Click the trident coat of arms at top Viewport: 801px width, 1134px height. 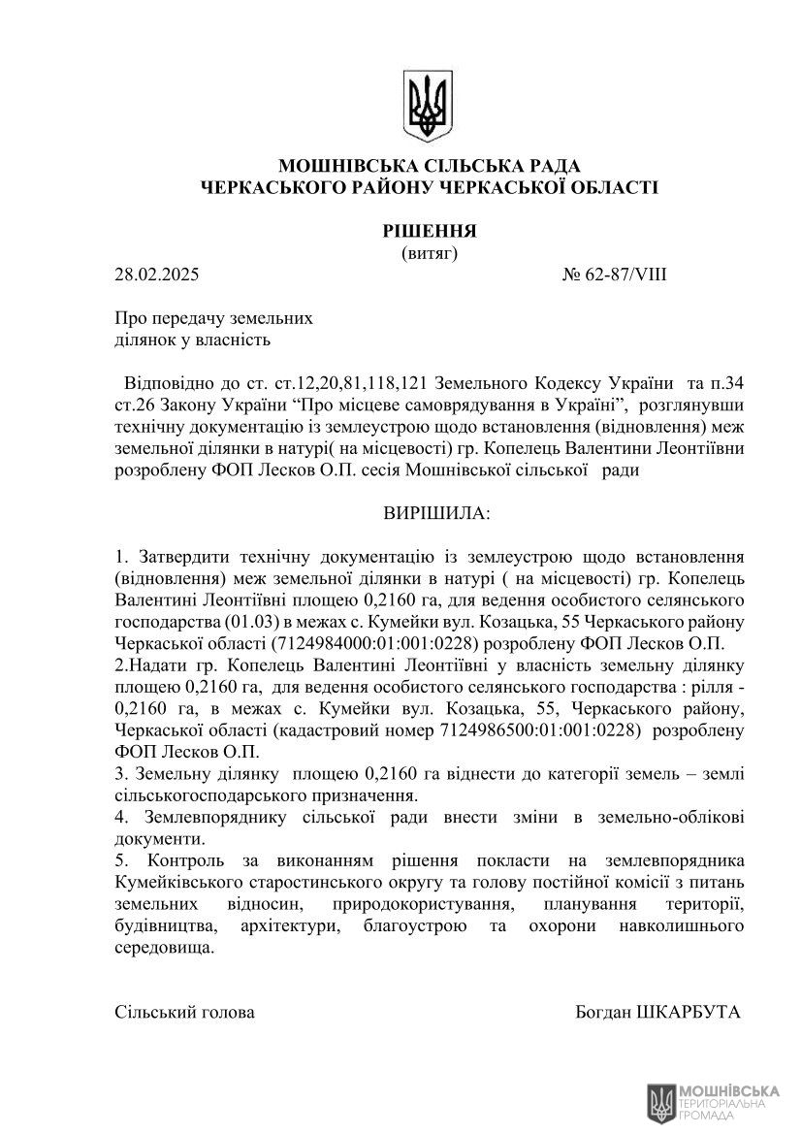tap(428, 104)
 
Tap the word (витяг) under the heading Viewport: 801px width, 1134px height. tap(429, 253)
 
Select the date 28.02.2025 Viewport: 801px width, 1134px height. tap(156, 275)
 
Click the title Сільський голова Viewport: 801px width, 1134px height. tap(185, 1012)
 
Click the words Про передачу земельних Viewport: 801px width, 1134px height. tap(213, 317)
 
